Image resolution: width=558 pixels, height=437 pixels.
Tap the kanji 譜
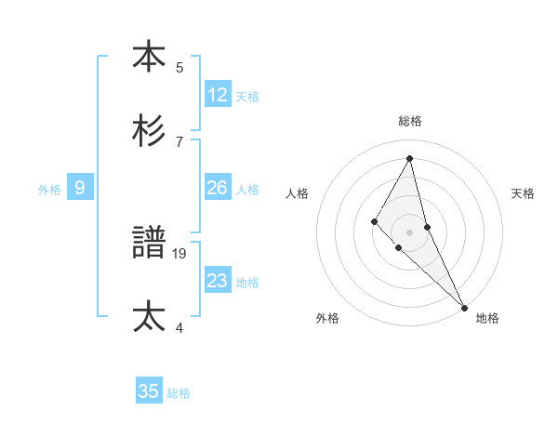[149, 243]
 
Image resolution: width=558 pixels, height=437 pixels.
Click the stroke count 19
[180, 253]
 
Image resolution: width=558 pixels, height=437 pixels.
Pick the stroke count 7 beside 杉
[179, 141]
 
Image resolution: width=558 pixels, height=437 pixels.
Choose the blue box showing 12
[218, 94]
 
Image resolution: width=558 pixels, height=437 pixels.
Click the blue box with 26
[218, 188]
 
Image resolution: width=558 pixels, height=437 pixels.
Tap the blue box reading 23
[218, 280]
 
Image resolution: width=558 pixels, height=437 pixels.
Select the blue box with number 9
[80, 188]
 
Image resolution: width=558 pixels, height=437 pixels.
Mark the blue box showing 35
[149, 391]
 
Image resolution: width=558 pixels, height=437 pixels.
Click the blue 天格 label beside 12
[247, 97]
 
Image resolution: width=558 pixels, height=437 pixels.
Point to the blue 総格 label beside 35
[179, 394]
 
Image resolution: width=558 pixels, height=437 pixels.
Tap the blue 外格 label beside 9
[49, 190]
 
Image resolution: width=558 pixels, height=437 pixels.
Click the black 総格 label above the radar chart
[410, 121]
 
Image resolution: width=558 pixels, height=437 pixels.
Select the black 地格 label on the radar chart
[487, 319]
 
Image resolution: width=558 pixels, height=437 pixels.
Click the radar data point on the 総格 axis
[410, 158]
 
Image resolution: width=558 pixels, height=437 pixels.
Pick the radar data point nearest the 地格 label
[464, 306]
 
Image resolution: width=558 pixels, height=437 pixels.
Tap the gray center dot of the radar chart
[410, 232]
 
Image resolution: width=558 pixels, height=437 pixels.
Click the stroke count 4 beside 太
[179, 327]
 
